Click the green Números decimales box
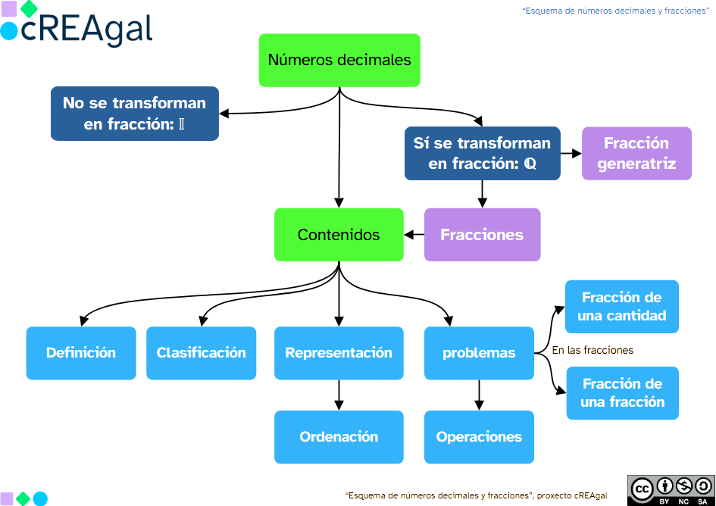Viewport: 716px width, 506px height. pyautogui.click(x=339, y=60)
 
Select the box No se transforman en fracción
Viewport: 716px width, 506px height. pyautogui.click(x=135, y=114)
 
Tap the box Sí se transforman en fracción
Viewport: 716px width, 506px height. pyautogui.click(x=482, y=153)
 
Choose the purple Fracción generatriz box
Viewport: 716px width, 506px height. pyautogui.click(x=636, y=153)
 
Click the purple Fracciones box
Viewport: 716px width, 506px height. pyautogui.click(x=482, y=235)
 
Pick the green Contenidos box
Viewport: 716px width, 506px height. pyautogui.click(x=339, y=235)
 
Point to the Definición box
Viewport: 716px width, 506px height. pyautogui.click(x=81, y=353)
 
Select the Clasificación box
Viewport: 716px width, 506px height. pyautogui.click(x=202, y=353)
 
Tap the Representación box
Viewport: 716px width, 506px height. pyautogui.click(x=339, y=353)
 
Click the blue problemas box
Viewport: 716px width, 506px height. pyautogui.click(x=479, y=353)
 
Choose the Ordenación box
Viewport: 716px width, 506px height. pyautogui.click(x=339, y=437)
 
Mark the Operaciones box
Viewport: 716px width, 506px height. pyautogui.click(x=479, y=437)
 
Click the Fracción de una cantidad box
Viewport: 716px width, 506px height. pyautogui.click(x=621, y=307)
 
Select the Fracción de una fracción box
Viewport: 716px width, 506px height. pyautogui.click(x=622, y=393)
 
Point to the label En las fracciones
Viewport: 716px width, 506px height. pyautogui.click(x=592, y=351)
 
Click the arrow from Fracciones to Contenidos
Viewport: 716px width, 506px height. pyautogui.click(x=414, y=235)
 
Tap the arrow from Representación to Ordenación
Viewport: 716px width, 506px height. pyautogui.click(x=339, y=395)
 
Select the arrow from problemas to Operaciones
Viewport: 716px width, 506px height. pyautogui.click(x=479, y=395)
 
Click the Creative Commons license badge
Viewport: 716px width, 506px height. pyautogui.click(x=671, y=489)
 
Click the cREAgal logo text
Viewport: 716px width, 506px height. pyautogui.click(x=86, y=29)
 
